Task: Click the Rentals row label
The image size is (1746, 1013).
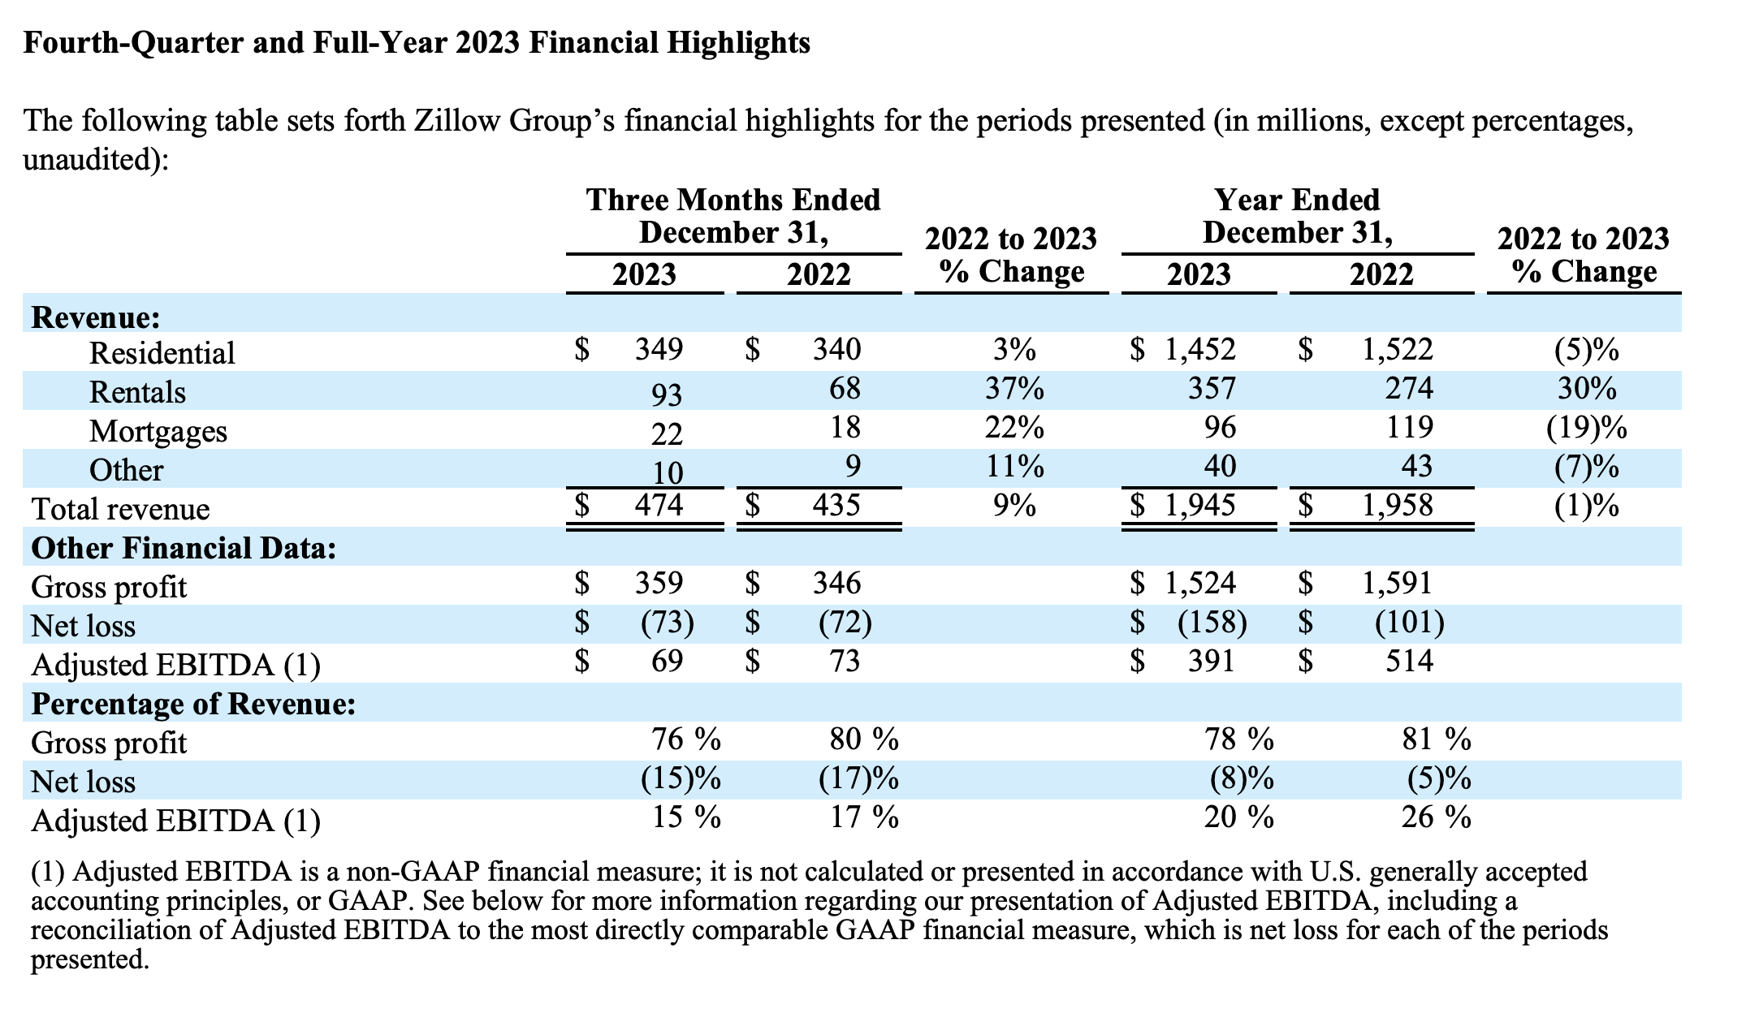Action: (137, 392)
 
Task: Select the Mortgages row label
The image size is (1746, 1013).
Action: (158, 431)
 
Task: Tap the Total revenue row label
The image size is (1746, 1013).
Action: (120, 509)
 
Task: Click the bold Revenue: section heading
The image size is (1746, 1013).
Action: (96, 317)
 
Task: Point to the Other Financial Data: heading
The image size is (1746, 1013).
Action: (184, 548)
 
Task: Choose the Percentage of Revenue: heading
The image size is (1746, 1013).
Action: (193, 704)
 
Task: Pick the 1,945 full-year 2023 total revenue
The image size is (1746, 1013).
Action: (1199, 506)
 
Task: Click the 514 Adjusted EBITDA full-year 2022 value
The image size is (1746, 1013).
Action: (1409, 662)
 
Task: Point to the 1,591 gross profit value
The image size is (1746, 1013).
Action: (1397, 583)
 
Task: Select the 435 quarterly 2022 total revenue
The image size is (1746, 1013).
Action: (836, 506)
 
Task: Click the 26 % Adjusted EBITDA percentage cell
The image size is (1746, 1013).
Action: (1436, 817)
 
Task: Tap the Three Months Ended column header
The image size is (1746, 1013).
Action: (733, 200)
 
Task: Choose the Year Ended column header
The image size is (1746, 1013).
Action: (1297, 200)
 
